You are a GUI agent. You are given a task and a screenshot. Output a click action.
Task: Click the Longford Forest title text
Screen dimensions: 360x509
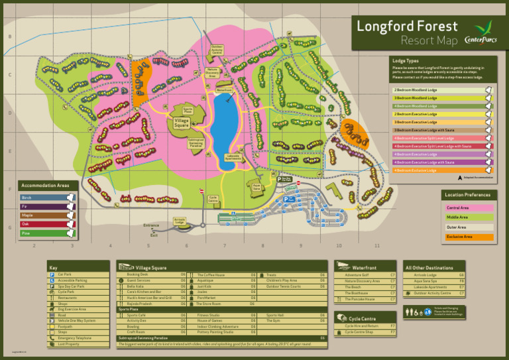407,27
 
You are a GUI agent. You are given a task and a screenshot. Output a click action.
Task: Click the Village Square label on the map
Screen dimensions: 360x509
182,123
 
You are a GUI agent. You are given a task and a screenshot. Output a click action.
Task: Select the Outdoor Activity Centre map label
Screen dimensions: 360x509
217,49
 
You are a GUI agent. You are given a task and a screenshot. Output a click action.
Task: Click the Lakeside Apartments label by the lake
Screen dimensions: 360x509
233,158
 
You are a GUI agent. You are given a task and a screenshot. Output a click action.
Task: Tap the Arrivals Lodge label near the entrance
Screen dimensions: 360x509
180,221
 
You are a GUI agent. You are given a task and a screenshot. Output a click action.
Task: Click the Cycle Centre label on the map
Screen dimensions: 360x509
213,198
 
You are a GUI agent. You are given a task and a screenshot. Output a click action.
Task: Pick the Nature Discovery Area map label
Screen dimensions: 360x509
212,72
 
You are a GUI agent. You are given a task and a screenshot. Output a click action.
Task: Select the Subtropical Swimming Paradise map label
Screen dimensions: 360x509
196,143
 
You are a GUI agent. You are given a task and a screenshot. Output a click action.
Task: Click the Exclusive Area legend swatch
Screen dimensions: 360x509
469,237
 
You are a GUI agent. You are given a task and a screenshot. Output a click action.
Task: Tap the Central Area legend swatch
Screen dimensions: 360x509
469,208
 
